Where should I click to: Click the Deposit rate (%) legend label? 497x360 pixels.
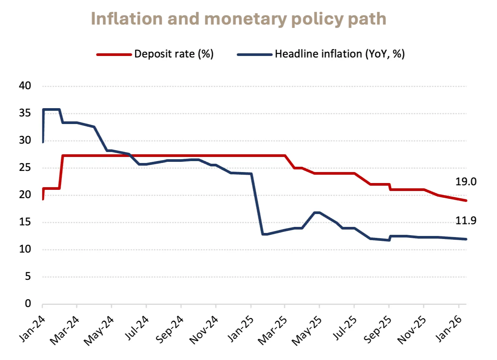point(174,54)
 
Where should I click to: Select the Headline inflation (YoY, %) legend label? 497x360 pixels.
point(340,54)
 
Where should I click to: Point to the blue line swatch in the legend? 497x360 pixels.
point(254,54)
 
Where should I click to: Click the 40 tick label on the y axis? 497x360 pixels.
point(25,87)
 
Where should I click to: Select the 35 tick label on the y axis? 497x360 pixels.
point(25,113)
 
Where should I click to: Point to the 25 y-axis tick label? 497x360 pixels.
point(25,168)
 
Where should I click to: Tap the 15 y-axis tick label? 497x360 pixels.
point(25,222)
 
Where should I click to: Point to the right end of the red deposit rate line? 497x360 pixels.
point(466,200)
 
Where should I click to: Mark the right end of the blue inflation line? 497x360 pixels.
point(466,239)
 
